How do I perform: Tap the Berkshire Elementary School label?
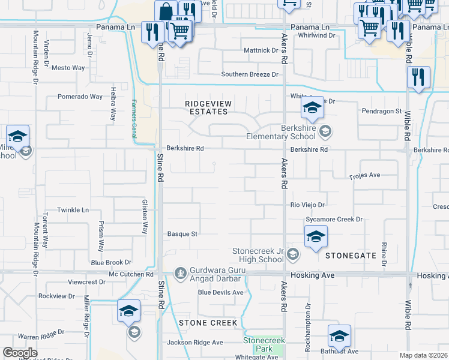point(307,132)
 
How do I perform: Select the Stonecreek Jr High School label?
point(258,255)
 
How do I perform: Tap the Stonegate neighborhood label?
point(351,256)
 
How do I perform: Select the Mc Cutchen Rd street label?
point(131,274)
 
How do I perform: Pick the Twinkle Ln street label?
point(73,210)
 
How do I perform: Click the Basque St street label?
point(182,234)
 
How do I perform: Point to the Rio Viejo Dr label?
point(308,205)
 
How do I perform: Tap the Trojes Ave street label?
point(366,176)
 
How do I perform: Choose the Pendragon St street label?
point(381,112)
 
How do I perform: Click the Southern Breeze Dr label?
point(250,75)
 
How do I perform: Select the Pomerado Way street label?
point(80,97)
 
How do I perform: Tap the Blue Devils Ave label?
point(221,292)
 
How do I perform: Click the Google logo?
point(20,353)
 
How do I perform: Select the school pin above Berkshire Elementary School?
point(312,108)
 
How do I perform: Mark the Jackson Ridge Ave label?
point(195,343)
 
